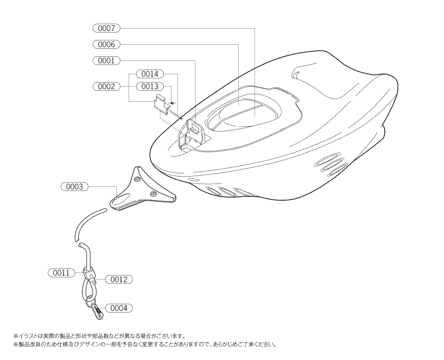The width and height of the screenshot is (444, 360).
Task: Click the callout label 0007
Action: tap(107, 28)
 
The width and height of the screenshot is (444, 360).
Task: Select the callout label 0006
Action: tap(107, 44)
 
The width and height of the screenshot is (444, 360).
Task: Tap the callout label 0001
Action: tap(107, 60)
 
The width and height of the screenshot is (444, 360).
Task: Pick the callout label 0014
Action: tap(150, 74)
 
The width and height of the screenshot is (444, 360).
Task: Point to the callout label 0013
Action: tap(150, 86)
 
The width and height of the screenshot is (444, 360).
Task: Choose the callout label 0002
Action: tap(107, 86)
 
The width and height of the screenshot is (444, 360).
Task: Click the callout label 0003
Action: tap(75, 187)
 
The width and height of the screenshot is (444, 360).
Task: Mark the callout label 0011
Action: tap(61, 273)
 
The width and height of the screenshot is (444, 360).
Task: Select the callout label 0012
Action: tap(119, 280)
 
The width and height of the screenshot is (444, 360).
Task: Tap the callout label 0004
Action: tap(119, 308)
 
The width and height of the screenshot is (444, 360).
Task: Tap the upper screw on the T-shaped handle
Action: tap(137, 179)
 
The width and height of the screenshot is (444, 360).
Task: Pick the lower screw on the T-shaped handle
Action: tap(153, 194)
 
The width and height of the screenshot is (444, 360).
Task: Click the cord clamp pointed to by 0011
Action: tap(89, 273)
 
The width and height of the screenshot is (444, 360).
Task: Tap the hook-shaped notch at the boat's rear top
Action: tap(297, 73)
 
